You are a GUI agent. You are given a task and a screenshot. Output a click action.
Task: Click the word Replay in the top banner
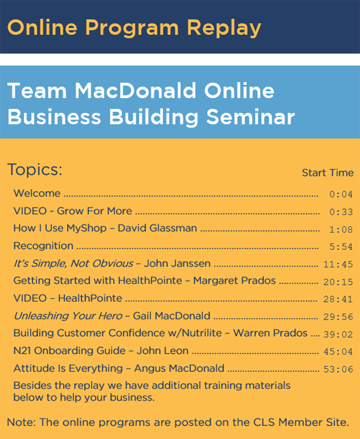224,28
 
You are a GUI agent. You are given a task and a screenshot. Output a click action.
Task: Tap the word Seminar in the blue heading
250,117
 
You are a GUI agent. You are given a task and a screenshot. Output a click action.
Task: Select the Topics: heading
35,169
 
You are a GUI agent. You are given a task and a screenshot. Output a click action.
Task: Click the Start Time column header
328,173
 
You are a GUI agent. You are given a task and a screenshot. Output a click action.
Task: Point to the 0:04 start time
341,194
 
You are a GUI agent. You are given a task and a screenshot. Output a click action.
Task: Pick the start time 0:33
341,212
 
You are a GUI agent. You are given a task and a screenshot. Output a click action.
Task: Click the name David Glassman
157,228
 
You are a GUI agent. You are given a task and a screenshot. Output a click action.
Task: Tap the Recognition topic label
43,246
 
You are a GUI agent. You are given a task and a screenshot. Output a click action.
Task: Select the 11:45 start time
338,264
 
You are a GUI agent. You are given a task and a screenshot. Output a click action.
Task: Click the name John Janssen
177,263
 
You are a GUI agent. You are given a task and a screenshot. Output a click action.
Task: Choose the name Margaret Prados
235,281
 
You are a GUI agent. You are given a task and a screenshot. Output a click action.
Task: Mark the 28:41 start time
338,299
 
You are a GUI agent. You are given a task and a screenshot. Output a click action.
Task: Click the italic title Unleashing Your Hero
68,316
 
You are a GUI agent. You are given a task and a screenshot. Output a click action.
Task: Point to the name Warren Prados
270,333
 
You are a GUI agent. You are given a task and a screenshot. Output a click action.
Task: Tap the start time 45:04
338,351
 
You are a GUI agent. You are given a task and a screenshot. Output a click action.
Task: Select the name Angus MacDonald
179,368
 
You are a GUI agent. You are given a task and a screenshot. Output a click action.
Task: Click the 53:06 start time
338,369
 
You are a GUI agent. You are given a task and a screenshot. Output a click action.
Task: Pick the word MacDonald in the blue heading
135,91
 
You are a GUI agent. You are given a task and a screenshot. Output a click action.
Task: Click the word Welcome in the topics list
37,193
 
